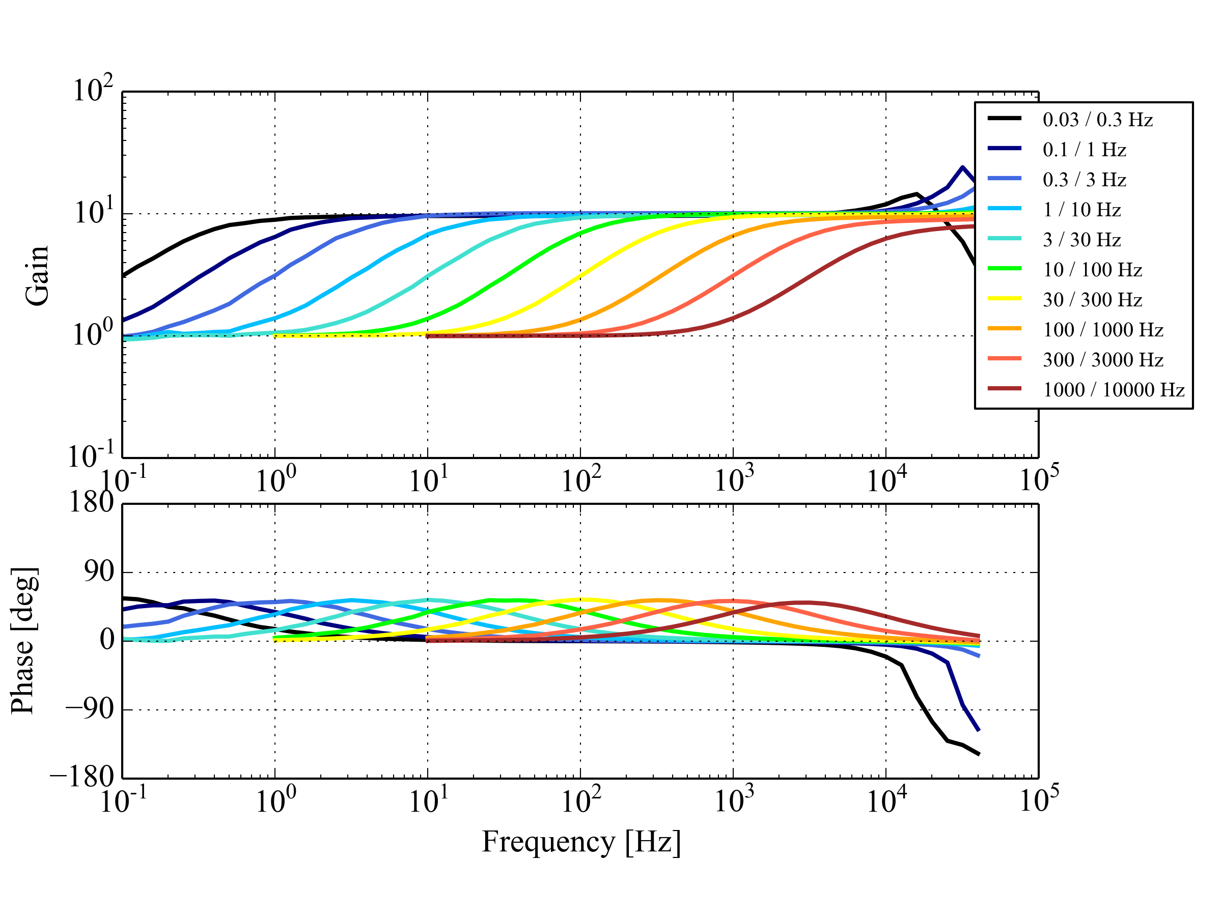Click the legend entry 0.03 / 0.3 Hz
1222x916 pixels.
click(1097, 120)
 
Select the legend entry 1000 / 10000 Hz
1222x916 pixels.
click(1113, 390)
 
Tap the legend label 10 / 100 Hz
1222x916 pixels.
click(1092, 270)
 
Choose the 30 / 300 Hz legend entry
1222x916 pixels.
click(1092, 300)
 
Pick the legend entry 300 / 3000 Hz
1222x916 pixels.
click(1102, 360)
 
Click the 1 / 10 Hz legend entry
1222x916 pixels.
click(1081, 210)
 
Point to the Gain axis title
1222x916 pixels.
click(38, 275)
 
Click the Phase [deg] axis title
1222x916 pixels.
click(24, 641)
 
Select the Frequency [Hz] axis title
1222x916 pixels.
click(580, 843)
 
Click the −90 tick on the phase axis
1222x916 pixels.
click(89, 709)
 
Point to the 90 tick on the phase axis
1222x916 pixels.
click(99, 572)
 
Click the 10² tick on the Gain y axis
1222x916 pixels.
click(93, 91)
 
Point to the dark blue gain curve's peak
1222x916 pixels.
click(962, 167)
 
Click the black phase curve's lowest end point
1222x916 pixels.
click(979, 754)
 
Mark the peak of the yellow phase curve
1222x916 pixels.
click(580, 599)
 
